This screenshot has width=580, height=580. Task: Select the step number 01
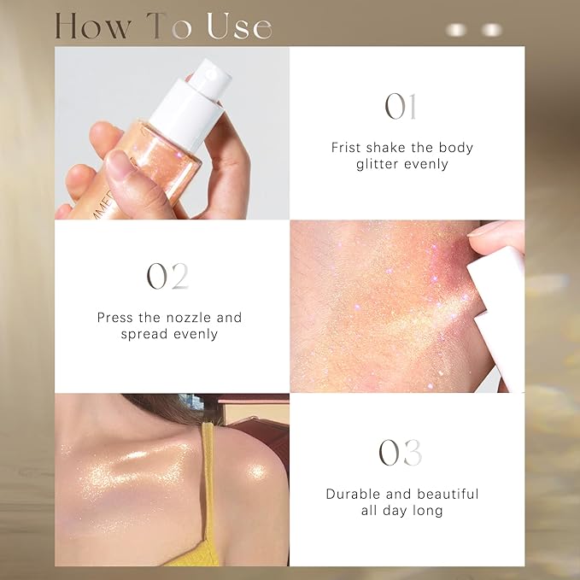pos(400,108)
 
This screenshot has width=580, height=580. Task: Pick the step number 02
pos(167,277)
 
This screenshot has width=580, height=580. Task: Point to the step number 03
pos(401,454)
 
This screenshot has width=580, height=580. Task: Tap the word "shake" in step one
pos(390,148)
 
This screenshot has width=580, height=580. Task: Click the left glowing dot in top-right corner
pos(458,30)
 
